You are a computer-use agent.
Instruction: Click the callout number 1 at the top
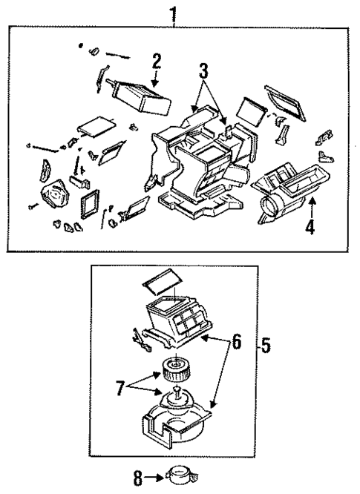point(175,13)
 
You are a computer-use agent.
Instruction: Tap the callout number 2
point(157,60)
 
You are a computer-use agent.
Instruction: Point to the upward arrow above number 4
point(311,206)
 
